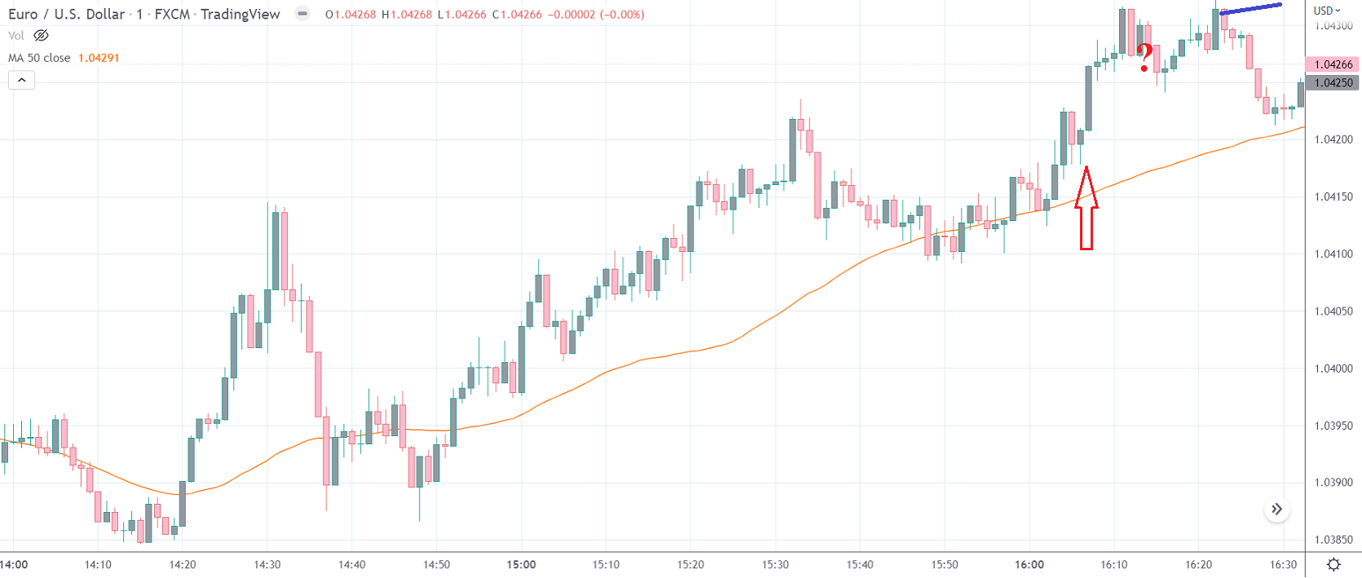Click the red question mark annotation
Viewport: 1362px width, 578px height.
tap(1145, 57)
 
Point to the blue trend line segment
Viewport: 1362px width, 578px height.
tap(1250, 9)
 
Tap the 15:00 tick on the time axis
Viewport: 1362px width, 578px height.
tap(522, 564)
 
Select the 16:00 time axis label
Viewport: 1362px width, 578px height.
tap(1029, 564)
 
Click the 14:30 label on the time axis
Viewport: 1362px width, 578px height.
tap(267, 564)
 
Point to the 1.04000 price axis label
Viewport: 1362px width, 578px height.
tap(1333, 368)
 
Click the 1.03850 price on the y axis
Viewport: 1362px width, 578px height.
tap(1333, 540)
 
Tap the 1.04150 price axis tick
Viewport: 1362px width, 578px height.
tap(1333, 196)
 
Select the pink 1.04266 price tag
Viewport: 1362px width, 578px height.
tap(1333, 64)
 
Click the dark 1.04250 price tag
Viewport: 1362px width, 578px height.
tap(1333, 82)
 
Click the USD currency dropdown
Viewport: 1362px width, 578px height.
tap(1326, 11)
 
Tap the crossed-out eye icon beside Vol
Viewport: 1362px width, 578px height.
tap(41, 35)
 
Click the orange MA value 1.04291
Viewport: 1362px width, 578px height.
tap(99, 58)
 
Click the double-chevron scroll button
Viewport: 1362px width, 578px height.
tap(1276, 510)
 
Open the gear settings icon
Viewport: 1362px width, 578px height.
tap(1333, 564)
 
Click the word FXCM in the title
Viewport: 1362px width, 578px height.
tap(172, 14)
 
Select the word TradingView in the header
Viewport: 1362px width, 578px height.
tap(240, 14)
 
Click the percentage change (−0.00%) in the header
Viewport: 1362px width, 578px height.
tap(622, 15)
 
